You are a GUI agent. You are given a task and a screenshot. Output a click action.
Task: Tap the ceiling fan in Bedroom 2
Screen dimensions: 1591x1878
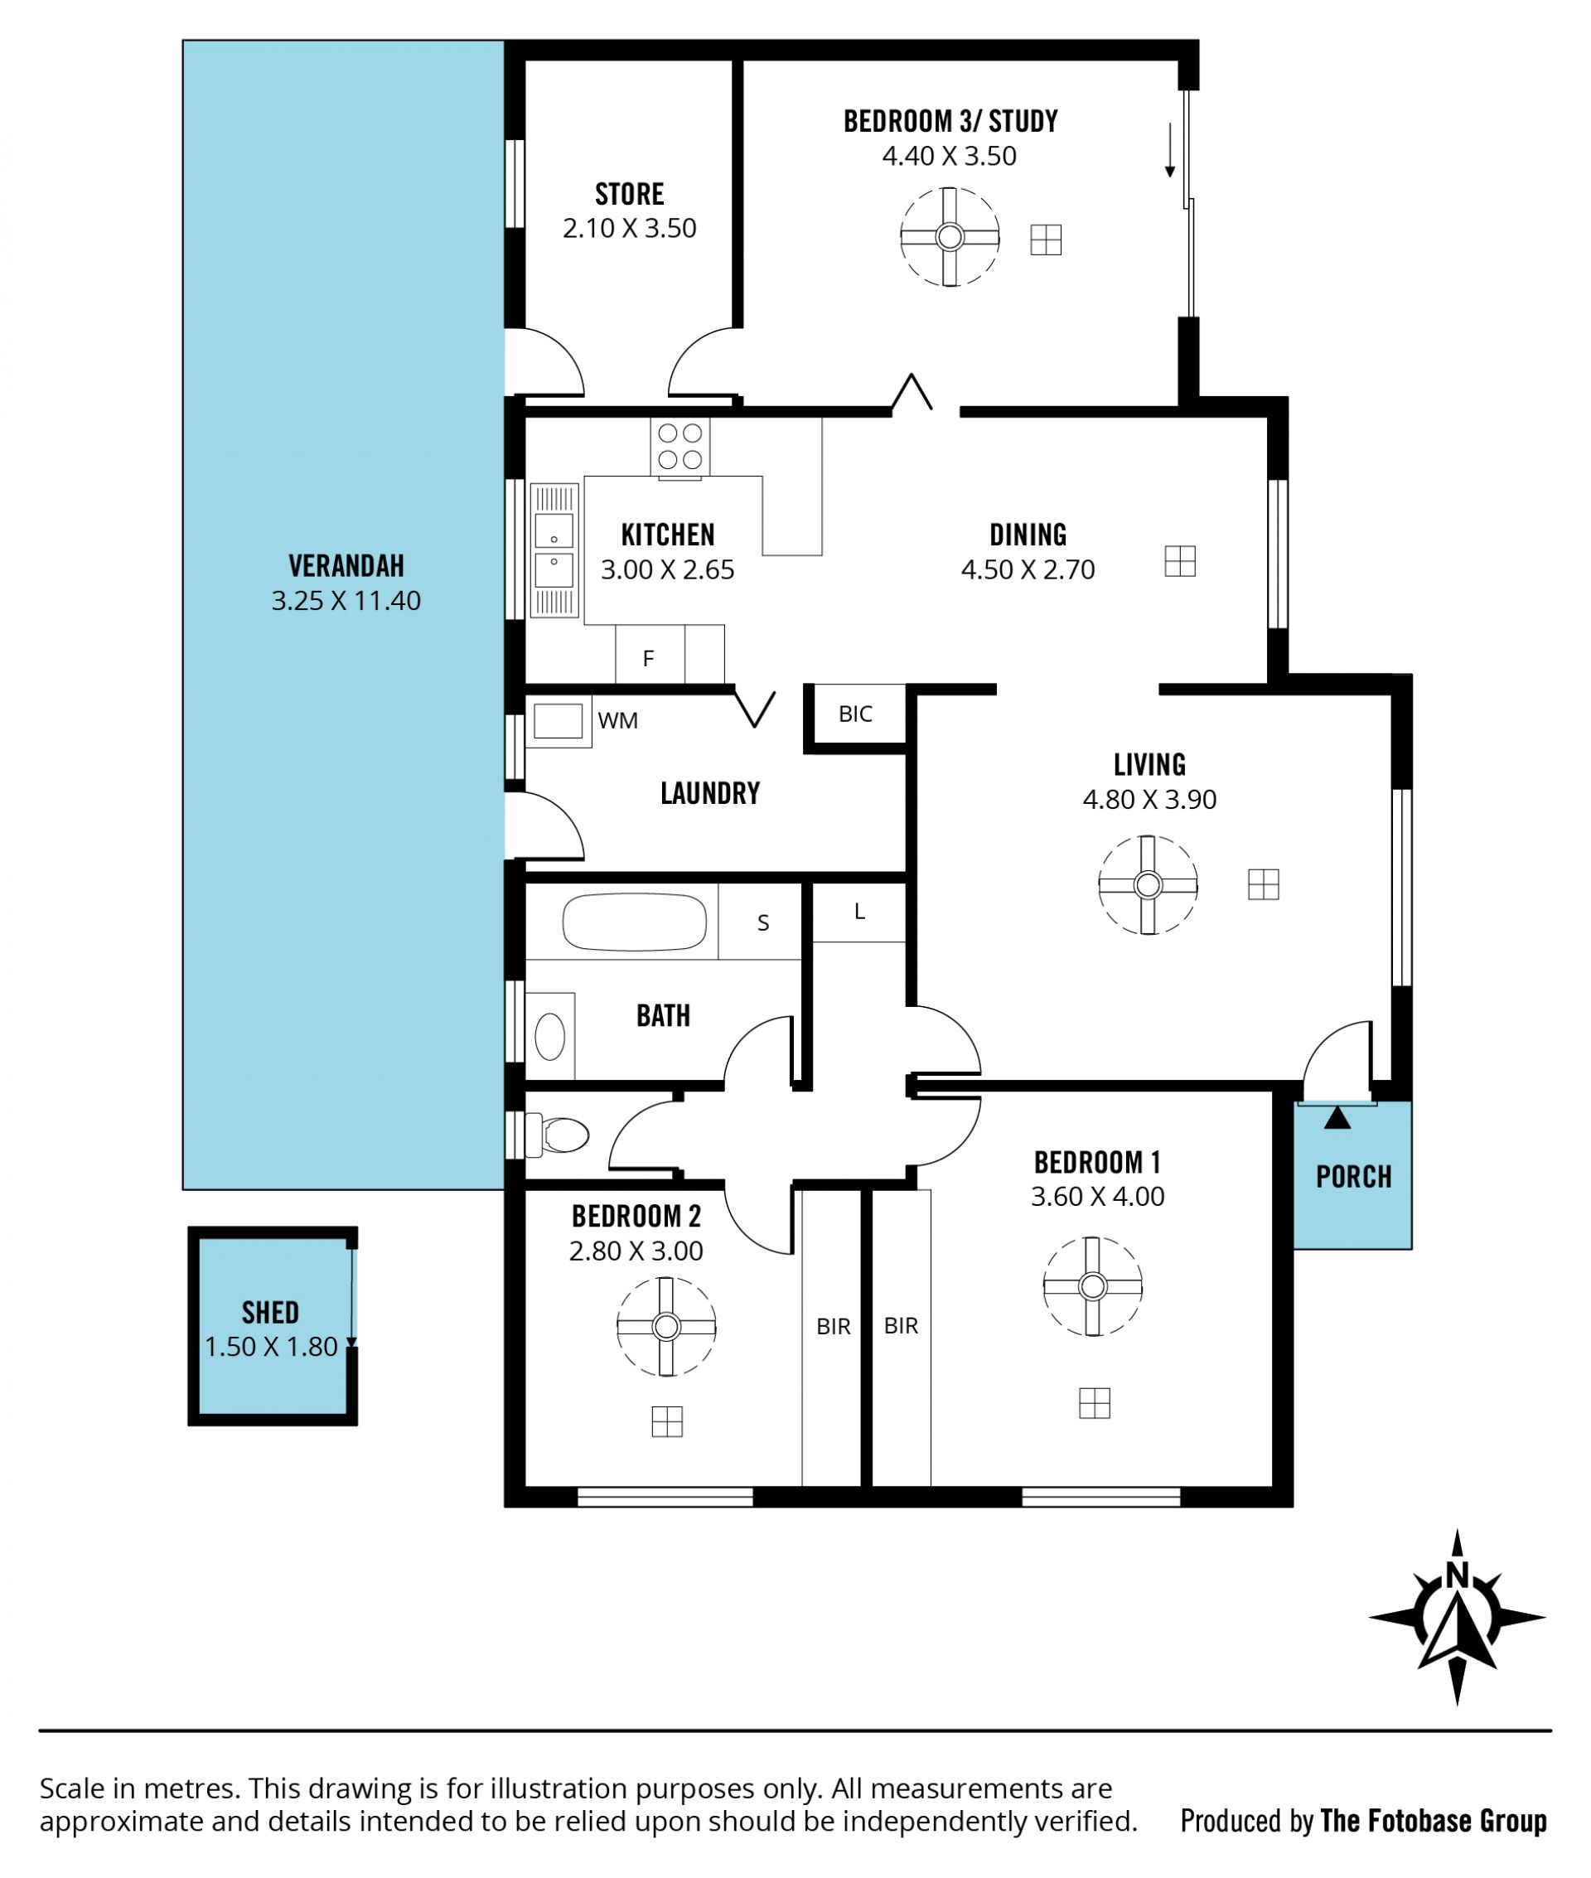[666, 1327]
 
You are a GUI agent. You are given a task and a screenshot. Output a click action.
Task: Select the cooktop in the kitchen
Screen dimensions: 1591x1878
[680, 448]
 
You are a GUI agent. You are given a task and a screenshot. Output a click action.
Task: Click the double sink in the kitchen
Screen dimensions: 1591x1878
[554, 550]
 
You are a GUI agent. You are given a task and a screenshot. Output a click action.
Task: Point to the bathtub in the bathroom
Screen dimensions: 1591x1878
[634, 922]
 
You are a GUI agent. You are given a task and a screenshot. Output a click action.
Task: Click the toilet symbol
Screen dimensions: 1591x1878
[557, 1135]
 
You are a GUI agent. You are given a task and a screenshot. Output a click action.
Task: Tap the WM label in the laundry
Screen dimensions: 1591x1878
[618, 721]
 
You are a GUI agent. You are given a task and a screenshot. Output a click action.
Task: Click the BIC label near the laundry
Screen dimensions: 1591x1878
[856, 714]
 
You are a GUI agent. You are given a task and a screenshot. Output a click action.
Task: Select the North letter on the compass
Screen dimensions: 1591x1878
[1456, 1575]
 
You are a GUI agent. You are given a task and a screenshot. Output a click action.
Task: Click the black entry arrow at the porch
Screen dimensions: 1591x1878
[1337, 1119]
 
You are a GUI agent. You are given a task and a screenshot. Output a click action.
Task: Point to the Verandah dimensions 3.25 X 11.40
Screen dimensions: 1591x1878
[346, 601]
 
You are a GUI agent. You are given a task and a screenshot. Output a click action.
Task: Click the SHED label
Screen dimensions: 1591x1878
[271, 1313]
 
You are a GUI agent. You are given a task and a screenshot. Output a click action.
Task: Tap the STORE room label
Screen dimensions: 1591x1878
[630, 194]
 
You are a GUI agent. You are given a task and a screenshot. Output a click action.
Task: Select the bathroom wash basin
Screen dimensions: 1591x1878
[550, 1037]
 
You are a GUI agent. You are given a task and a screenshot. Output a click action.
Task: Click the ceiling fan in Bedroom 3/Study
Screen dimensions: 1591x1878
[950, 237]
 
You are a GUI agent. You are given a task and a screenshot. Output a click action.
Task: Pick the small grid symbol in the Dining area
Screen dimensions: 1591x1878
[1180, 561]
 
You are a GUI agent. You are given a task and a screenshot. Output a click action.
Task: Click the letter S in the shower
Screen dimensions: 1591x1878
[763, 922]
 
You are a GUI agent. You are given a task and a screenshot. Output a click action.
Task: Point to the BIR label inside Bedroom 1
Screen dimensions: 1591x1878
[902, 1326]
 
